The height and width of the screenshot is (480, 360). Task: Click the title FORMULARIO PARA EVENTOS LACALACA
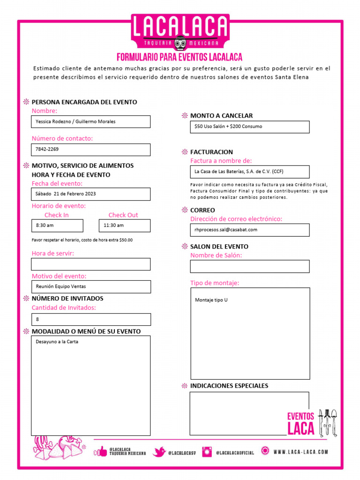tap(180, 57)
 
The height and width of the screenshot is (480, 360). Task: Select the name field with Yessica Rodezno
tap(91, 122)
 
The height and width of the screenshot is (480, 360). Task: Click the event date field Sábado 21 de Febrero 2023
tap(91, 194)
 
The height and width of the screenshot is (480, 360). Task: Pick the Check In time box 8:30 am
tap(57, 225)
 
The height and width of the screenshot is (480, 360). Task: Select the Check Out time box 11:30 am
tap(124, 225)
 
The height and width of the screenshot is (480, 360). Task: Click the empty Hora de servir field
tap(91, 264)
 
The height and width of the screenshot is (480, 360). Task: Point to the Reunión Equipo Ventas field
tap(91, 286)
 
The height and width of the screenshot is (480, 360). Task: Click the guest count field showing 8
tap(91, 320)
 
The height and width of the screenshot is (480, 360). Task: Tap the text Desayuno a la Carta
tap(57, 342)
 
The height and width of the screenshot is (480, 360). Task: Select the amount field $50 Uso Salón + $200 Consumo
tap(249, 127)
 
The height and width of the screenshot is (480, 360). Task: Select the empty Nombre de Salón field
tap(249, 266)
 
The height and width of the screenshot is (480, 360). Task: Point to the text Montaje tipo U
tap(211, 300)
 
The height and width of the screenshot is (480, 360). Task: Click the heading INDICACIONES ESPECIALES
tap(229, 386)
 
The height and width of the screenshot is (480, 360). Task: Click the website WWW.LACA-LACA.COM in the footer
tap(300, 452)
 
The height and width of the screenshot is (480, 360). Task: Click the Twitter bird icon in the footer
tap(159, 452)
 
